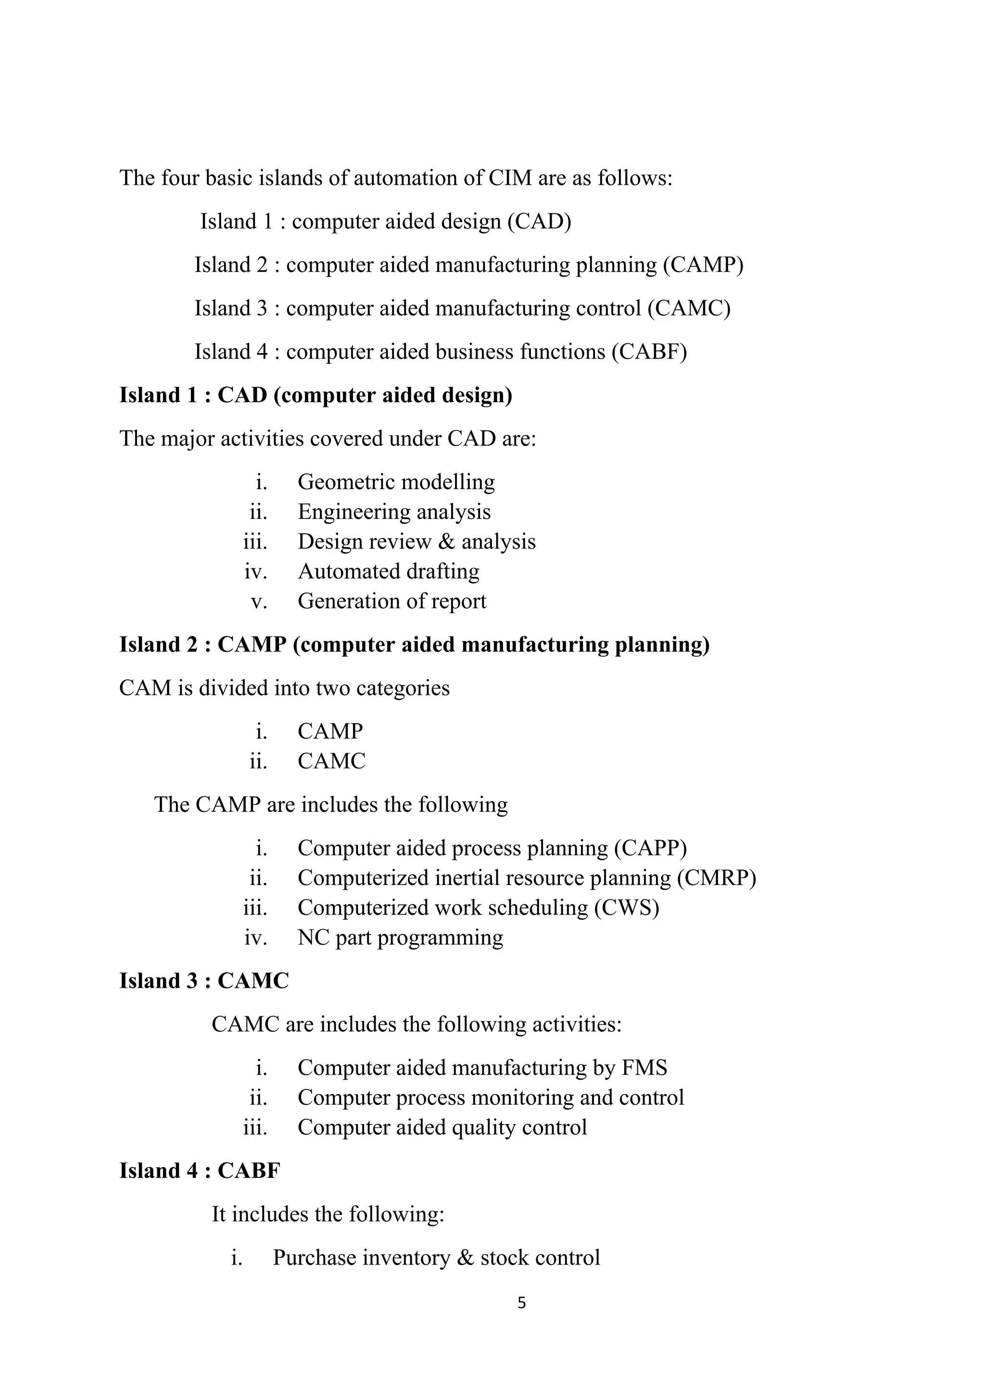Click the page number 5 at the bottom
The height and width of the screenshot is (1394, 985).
click(x=521, y=1303)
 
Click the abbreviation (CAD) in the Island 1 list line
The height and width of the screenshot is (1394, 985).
click(x=539, y=222)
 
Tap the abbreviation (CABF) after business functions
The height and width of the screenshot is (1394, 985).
click(x=649, y=352)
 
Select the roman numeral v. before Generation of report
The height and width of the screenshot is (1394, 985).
click(x=259, y=601)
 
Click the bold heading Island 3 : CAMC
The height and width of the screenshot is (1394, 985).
click(x=204, y=981)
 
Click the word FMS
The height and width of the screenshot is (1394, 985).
click(x=644, y=1067)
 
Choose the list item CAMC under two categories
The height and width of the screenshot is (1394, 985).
click(x=331, y=761)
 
